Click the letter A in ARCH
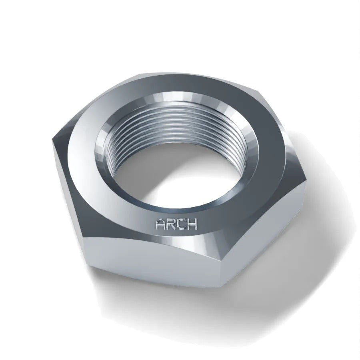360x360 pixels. pyautogui.click(x=161, y=224)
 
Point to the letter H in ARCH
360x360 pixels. pyautogui.click(x=192, y=224)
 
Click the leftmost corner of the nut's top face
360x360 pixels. pyautogui.click(x=52, y=139)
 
